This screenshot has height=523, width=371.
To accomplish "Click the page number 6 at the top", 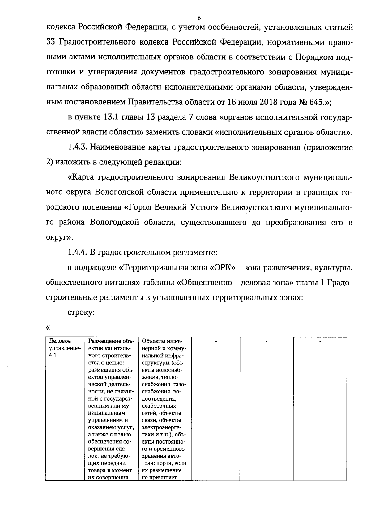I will pyautogui.click(x=199, y=18).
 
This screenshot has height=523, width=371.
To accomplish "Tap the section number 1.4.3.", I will pyautogui.click(x=77, y=147).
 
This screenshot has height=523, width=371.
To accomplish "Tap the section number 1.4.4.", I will pyautogui.click(x=77, y=253).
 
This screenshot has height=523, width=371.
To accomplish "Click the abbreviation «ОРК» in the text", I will pyautogui.click(x=221, y=268).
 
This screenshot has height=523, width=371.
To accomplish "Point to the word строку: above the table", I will pyautogui.click(x=81, y=313).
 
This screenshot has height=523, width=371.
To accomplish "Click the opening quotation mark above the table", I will pyautogui.click(x=48, y=327).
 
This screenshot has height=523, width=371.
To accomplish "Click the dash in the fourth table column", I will pyautogui.click(x=216, y=342).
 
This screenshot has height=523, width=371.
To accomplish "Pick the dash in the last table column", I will pyautogui.click(x=320, y=342).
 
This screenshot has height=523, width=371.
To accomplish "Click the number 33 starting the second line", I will pyautogui.click(x=50, y=42).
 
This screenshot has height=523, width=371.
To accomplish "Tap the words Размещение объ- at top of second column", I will pyautogui.click(x=111, y=341).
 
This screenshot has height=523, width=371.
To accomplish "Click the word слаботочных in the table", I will pyautogui.click(x=159, y=406).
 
